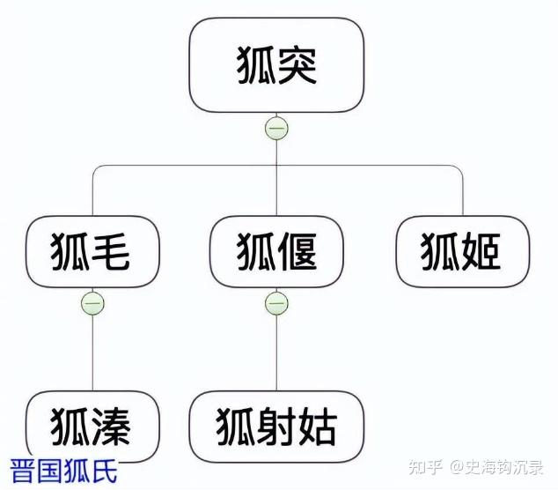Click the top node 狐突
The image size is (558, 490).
pos(276,65)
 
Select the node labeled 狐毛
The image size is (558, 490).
pos(92,251)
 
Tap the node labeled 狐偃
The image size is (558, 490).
pos(276,251)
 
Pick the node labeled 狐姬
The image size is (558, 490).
pos(463,251)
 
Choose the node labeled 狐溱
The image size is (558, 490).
pos(92,427)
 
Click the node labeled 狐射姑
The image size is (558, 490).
pos(276,427)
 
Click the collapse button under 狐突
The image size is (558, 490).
pos(276,128)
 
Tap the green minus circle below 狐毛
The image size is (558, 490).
pos(92,303)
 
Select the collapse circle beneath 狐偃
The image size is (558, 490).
pos(276,303)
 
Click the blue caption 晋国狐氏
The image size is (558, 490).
pos(63,471)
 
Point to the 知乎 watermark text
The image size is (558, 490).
pos(425,467)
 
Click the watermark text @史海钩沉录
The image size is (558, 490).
pos(496,467)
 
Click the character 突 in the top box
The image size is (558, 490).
pos(297,65)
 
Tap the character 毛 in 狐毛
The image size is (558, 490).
pos(110,251)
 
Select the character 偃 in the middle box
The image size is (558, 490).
pos(297,251)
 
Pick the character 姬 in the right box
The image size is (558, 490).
pos(481,251)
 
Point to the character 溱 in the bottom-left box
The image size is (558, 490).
pos(110,427)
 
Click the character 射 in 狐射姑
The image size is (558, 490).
pos(276,427)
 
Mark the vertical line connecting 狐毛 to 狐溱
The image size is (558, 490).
pos(92,353)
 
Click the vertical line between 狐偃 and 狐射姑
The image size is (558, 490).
pos(276,353)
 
